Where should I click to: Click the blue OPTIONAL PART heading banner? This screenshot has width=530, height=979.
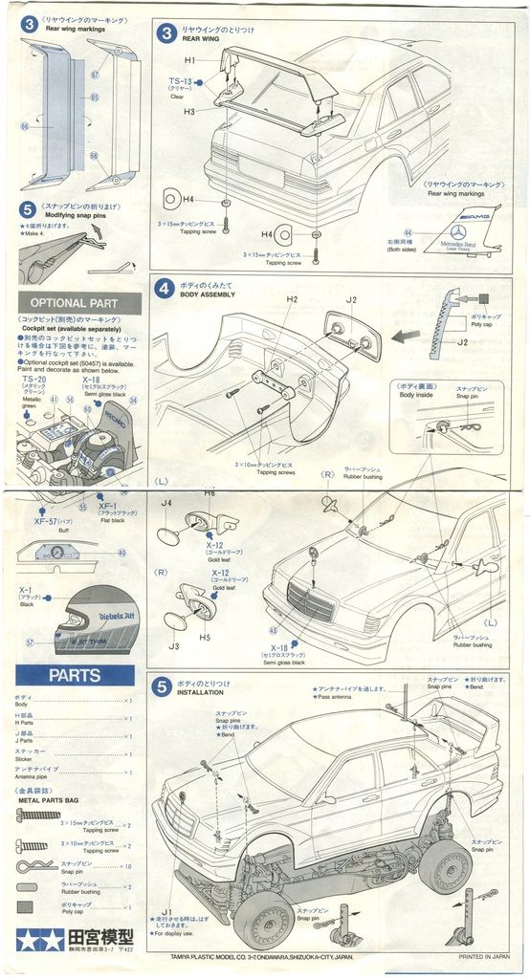click(79, 303)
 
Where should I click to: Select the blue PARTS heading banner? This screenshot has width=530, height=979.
click(75, 675)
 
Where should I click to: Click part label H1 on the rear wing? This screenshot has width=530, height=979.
click(189, 60)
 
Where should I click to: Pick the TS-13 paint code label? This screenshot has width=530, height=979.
click(181, 83)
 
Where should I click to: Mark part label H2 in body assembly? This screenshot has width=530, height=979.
click(292, 299)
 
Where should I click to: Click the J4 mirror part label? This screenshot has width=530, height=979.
click(166, 502)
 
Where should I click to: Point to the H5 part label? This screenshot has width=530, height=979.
click(204, 637)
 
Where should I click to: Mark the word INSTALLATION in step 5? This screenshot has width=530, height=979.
click(201, 693)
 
